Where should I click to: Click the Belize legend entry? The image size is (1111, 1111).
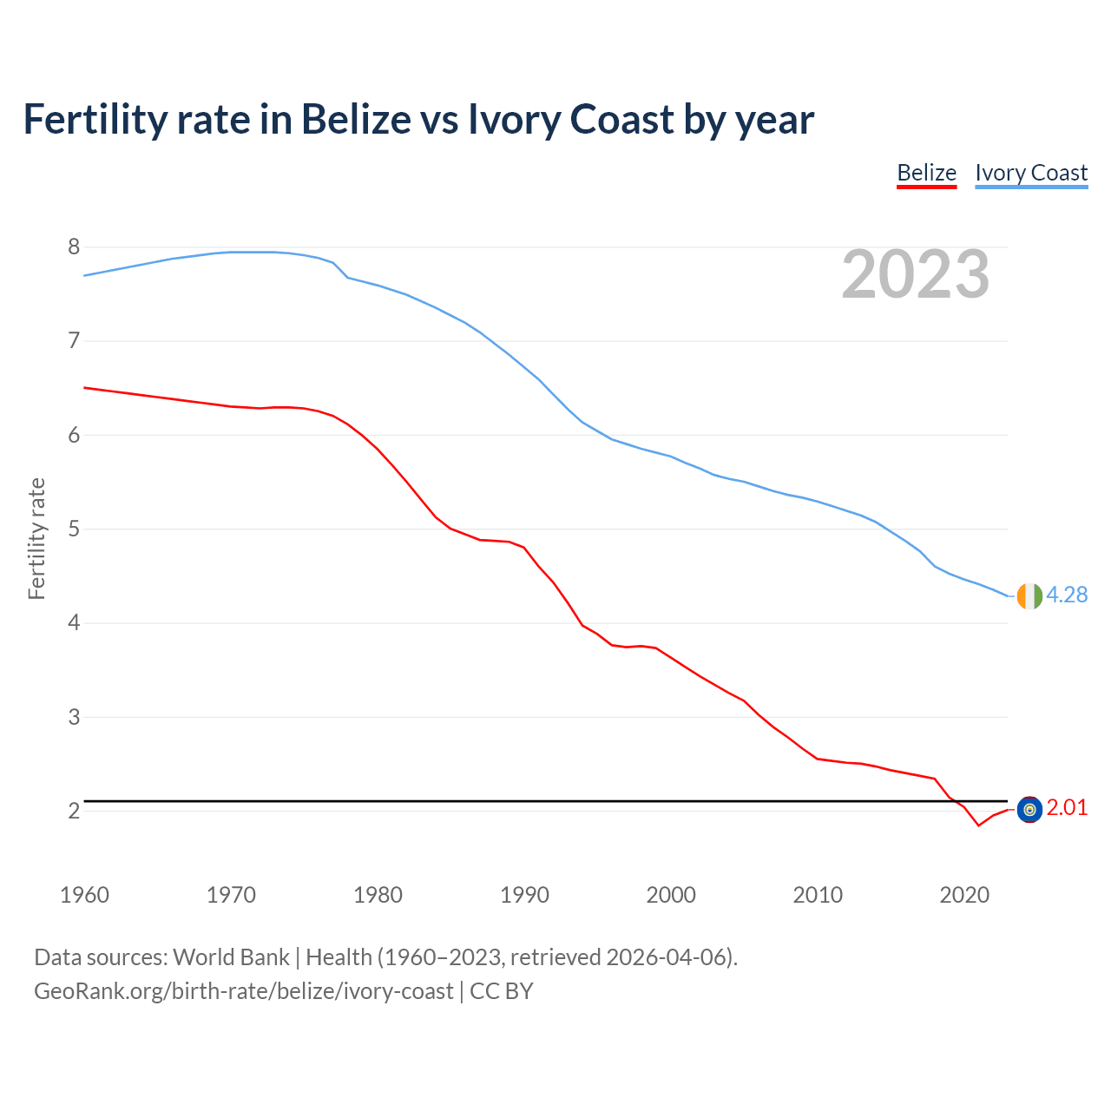tap(926, 173)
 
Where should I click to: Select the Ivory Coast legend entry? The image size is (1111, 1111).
tap(1031, 173)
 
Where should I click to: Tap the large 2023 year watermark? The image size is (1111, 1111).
tap(916, 274)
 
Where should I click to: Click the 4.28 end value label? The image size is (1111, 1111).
tap(1067, 595)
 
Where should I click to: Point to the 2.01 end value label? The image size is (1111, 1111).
tap(1067, 808)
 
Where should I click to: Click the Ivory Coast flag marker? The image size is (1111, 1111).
tap(1029, 596)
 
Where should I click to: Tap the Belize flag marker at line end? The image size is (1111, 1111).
tap(1029, 810)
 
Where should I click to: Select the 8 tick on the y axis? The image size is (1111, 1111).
tap(74, 247)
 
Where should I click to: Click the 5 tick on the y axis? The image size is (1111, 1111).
tap(74, 529)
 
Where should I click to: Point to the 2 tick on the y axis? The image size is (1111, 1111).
tap(74, 811)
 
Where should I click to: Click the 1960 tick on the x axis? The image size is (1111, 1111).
tap(84, 895)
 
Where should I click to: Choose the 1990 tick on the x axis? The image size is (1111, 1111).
tap(524, 895)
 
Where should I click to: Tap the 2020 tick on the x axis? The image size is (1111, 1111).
tap(964, 895)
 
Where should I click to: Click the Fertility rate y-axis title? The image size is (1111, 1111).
tap(36, 538)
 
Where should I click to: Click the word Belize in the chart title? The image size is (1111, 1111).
tap(355, 120)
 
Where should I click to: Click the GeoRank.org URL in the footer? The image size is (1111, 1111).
tap(243, 991)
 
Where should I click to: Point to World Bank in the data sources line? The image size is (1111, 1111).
tap(231, 957)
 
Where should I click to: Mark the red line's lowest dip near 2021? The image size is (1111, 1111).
tap(978, 825)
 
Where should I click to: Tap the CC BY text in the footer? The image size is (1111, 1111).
tap(501, 991)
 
